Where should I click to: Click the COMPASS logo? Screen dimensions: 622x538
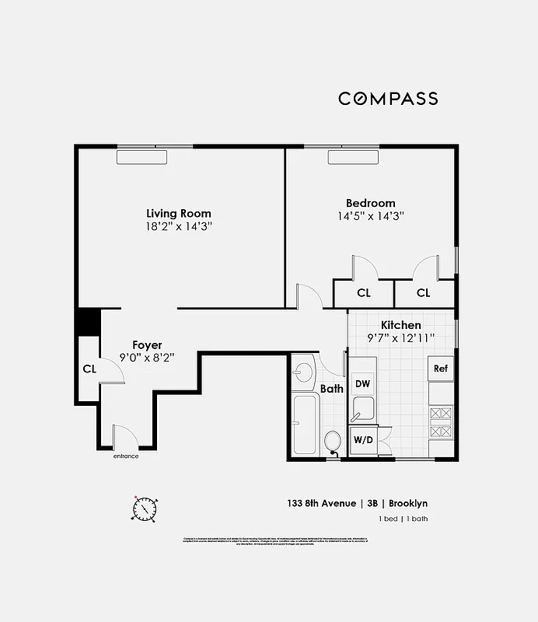click(387, 99)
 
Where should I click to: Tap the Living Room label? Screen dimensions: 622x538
click(179, 213)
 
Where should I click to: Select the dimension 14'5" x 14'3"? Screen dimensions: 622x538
click(370, 216)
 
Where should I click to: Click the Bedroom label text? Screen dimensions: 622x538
click(370, 203)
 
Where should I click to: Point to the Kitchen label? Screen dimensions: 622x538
click(400, 325)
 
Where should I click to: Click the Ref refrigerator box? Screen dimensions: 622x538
click(440, 369)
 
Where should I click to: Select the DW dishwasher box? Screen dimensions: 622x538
click(362, 383)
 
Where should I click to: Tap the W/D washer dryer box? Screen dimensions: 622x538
click(362, 439)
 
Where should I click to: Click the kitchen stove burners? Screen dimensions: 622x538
click(440, 423)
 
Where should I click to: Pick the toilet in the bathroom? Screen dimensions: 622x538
click(332, 442)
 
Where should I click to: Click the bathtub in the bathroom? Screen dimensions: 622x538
click(305, 425)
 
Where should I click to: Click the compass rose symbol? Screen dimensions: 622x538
click(144, 508)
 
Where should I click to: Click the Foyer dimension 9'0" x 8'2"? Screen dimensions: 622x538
click(146, 358)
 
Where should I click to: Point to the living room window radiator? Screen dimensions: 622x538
click(141, 157)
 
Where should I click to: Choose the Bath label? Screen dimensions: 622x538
click(332, 389)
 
